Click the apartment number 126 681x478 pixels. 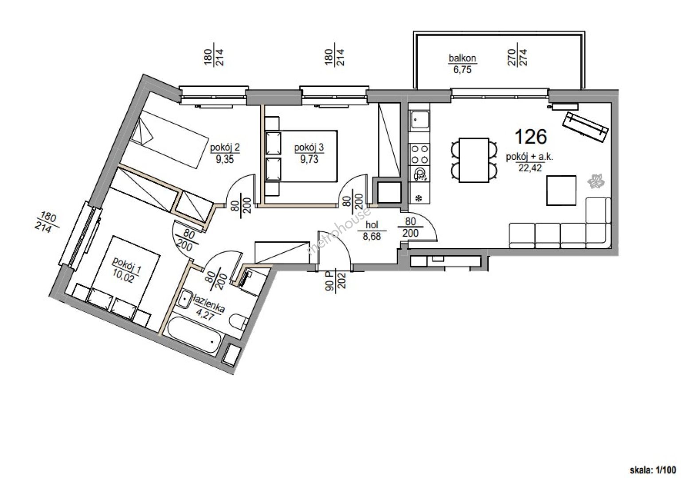(531, 137)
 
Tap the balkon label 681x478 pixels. (462, 58)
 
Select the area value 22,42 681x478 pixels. (530, 168)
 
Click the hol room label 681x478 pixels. (372, 225)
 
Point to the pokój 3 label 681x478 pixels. (309, 148)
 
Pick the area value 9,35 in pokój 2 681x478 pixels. (225, 159)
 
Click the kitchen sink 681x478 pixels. (419, 119)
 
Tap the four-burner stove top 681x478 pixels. (419, 154)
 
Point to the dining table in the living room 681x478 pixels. (474, 160)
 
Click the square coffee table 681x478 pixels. (561, 191)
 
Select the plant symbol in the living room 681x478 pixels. (595, 181)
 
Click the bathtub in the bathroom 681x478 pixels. (193, 337)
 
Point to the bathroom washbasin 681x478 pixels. (184, 300)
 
